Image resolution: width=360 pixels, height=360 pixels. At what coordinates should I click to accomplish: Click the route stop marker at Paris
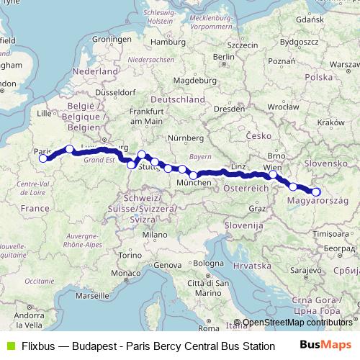(x=43, y=158)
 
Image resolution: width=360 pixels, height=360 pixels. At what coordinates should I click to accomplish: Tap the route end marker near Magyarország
(x=315, y=192)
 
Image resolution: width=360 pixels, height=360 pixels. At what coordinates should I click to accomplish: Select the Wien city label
(x=272, y=167)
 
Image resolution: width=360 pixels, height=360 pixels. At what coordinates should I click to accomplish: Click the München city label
(x=194, y=184)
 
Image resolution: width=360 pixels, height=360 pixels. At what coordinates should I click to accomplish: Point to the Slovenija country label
(x=240, y=225)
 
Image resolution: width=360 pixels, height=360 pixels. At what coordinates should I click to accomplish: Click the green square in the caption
(x=9, y=346)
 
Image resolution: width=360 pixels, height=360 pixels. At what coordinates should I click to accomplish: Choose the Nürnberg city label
(x=181, y=137)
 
